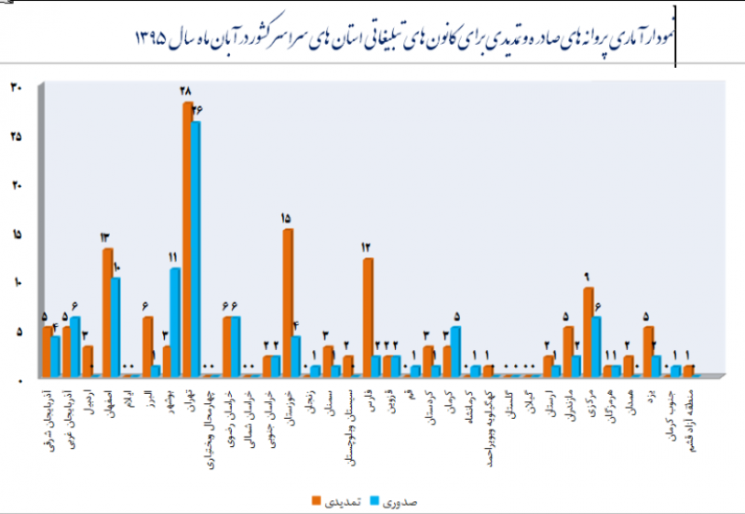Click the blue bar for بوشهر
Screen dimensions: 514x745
point(175,321)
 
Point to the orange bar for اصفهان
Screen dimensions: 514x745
point(108,312)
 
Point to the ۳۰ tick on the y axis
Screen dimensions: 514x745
point(17,88)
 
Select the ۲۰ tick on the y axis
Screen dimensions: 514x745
point(17,185)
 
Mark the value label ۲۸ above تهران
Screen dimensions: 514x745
point(185,91)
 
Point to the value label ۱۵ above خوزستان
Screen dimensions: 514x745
point(286,219)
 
